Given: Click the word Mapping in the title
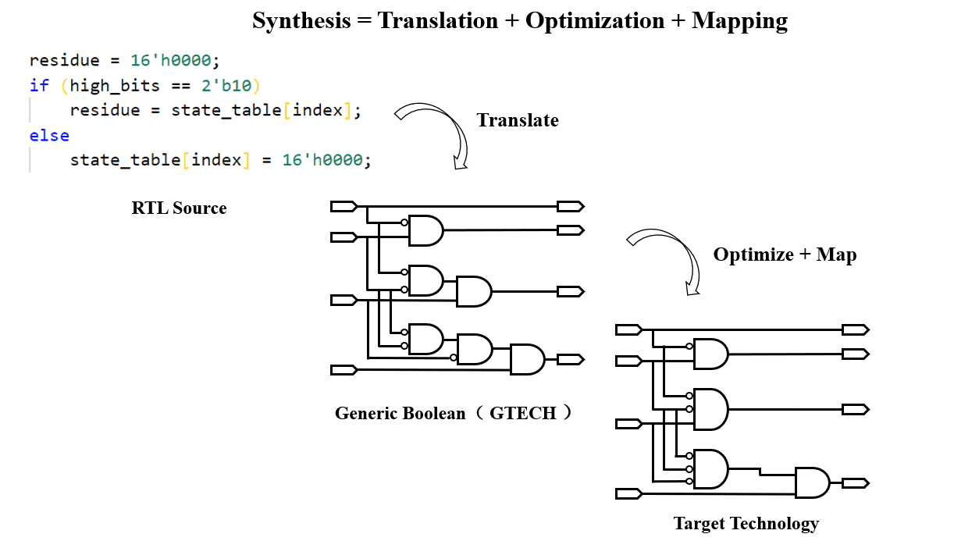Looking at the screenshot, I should tap(739, 21).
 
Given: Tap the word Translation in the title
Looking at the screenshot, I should tap(438, 21).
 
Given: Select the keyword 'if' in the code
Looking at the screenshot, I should tap(39, 85).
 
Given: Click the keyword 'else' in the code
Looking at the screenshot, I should tap(49, 135).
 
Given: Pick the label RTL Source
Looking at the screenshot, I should tap(179, 208).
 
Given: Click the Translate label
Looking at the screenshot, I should tap(518, 120).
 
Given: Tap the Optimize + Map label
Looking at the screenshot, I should tap(785, 254).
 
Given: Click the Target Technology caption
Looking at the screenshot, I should tap(746, 523).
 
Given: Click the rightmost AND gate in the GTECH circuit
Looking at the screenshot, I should tap(527, 359).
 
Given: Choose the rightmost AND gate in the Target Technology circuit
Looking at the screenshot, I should tap(812, 482).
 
